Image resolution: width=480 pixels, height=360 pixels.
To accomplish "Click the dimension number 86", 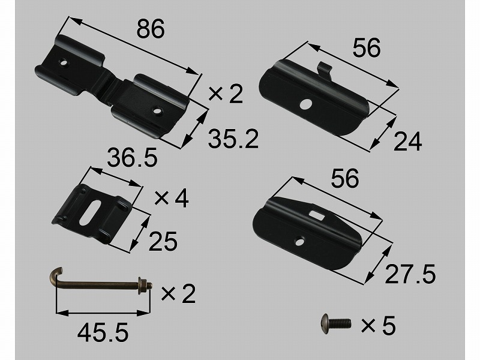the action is coord(151,29).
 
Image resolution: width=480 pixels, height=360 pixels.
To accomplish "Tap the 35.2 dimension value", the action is coord(233,139).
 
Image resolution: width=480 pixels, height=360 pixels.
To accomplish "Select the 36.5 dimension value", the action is coord(132,157).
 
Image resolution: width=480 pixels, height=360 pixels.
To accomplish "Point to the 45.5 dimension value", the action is coord(103,333).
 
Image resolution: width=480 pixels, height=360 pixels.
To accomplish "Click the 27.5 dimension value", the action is coord(410,274).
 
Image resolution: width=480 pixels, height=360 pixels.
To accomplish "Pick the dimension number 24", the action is coord(407,142).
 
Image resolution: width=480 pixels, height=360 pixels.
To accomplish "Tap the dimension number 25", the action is coord(163,241).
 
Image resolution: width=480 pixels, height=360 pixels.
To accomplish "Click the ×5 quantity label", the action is coord(379,325).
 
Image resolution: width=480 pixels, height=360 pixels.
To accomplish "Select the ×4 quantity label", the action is coord(172,198).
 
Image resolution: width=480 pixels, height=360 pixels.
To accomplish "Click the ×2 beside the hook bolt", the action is coord(178,293).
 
